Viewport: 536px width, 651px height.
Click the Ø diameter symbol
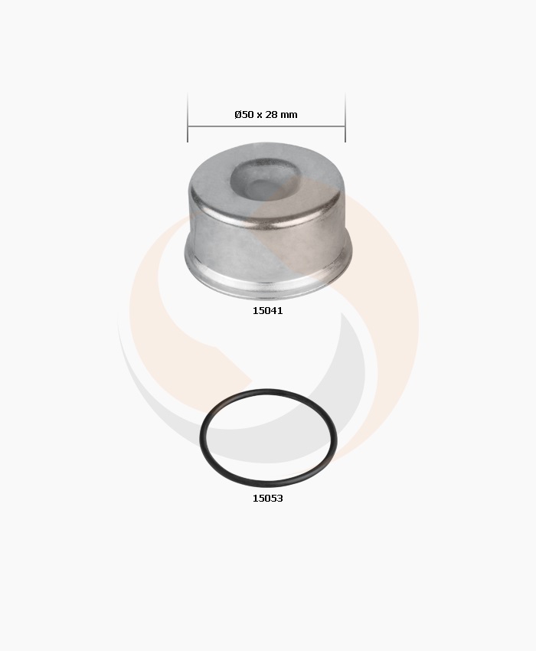point(238,115)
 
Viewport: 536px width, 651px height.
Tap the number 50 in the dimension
point(247,115)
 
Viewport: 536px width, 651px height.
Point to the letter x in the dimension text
point(259,116)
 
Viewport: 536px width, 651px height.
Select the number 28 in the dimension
point(271,115)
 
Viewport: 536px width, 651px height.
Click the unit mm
point(289,116)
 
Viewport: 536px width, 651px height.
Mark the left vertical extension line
point(188,117)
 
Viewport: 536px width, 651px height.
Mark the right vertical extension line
point(345,117)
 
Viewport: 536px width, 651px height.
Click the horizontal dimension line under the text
point(266,126)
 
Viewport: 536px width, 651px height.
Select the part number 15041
point(268,310)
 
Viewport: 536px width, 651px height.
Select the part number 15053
point(268,499)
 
